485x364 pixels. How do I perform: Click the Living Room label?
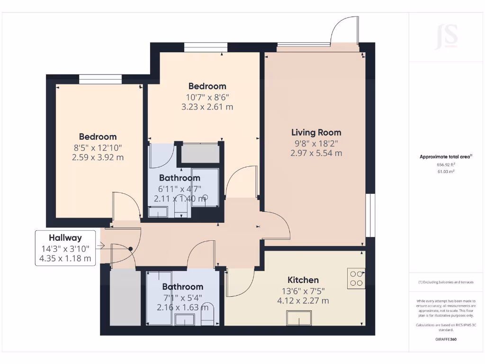click(x=316, y=132)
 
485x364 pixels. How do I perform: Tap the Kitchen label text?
click(x=303, y=280)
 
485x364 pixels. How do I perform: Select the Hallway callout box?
click(x=65, y=248)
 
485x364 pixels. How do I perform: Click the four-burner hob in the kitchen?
click(x=356, y=278)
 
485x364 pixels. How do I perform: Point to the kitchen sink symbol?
click(x=299, y=317)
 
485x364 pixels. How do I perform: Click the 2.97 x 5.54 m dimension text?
click(x=316, y=153)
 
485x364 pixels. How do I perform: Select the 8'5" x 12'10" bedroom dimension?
click(x=98, y=147)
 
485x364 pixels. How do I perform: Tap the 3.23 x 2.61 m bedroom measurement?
click(x=207, y=107)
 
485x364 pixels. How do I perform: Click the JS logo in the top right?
click(x=447, y=36)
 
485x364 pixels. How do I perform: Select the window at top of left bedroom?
click(x=100, y=79)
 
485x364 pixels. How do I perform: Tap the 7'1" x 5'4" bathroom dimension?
click(x=182, y=297)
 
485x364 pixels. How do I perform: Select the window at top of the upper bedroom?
click(x=205, y=47)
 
